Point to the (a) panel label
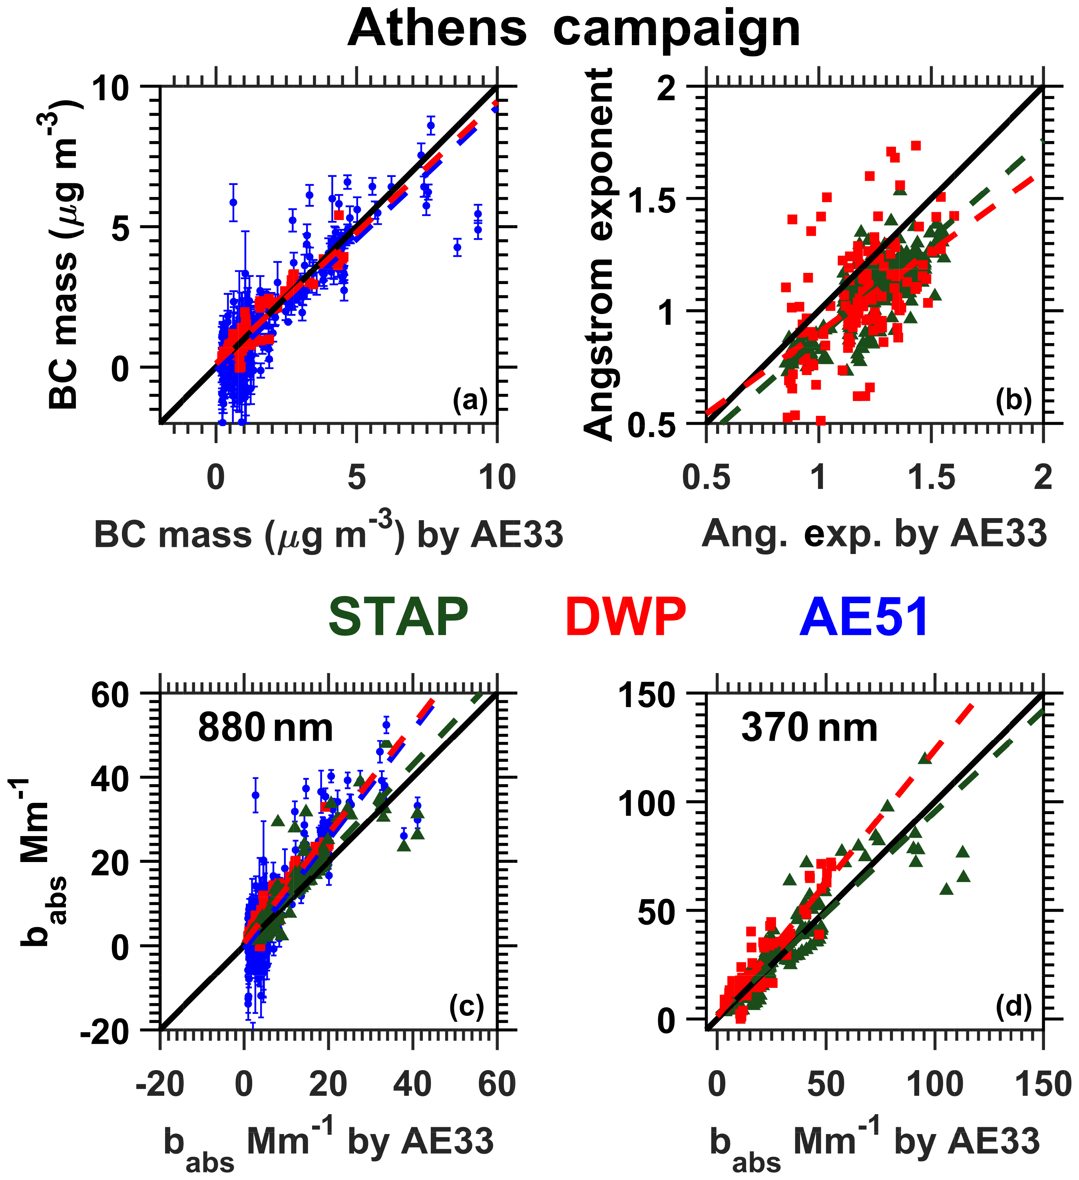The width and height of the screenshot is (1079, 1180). [470, 401]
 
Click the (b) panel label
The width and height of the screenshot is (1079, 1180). [1013, 401]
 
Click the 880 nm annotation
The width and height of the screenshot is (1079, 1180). [265, 729]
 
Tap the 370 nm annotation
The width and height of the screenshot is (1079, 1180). [809, 729]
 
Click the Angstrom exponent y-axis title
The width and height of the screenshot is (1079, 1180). [598, 254]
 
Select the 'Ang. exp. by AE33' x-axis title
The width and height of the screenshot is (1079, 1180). [874, 534]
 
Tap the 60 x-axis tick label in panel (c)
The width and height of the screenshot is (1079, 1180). [497, 1085]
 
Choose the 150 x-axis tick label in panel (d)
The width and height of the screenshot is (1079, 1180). [1043, 1085]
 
